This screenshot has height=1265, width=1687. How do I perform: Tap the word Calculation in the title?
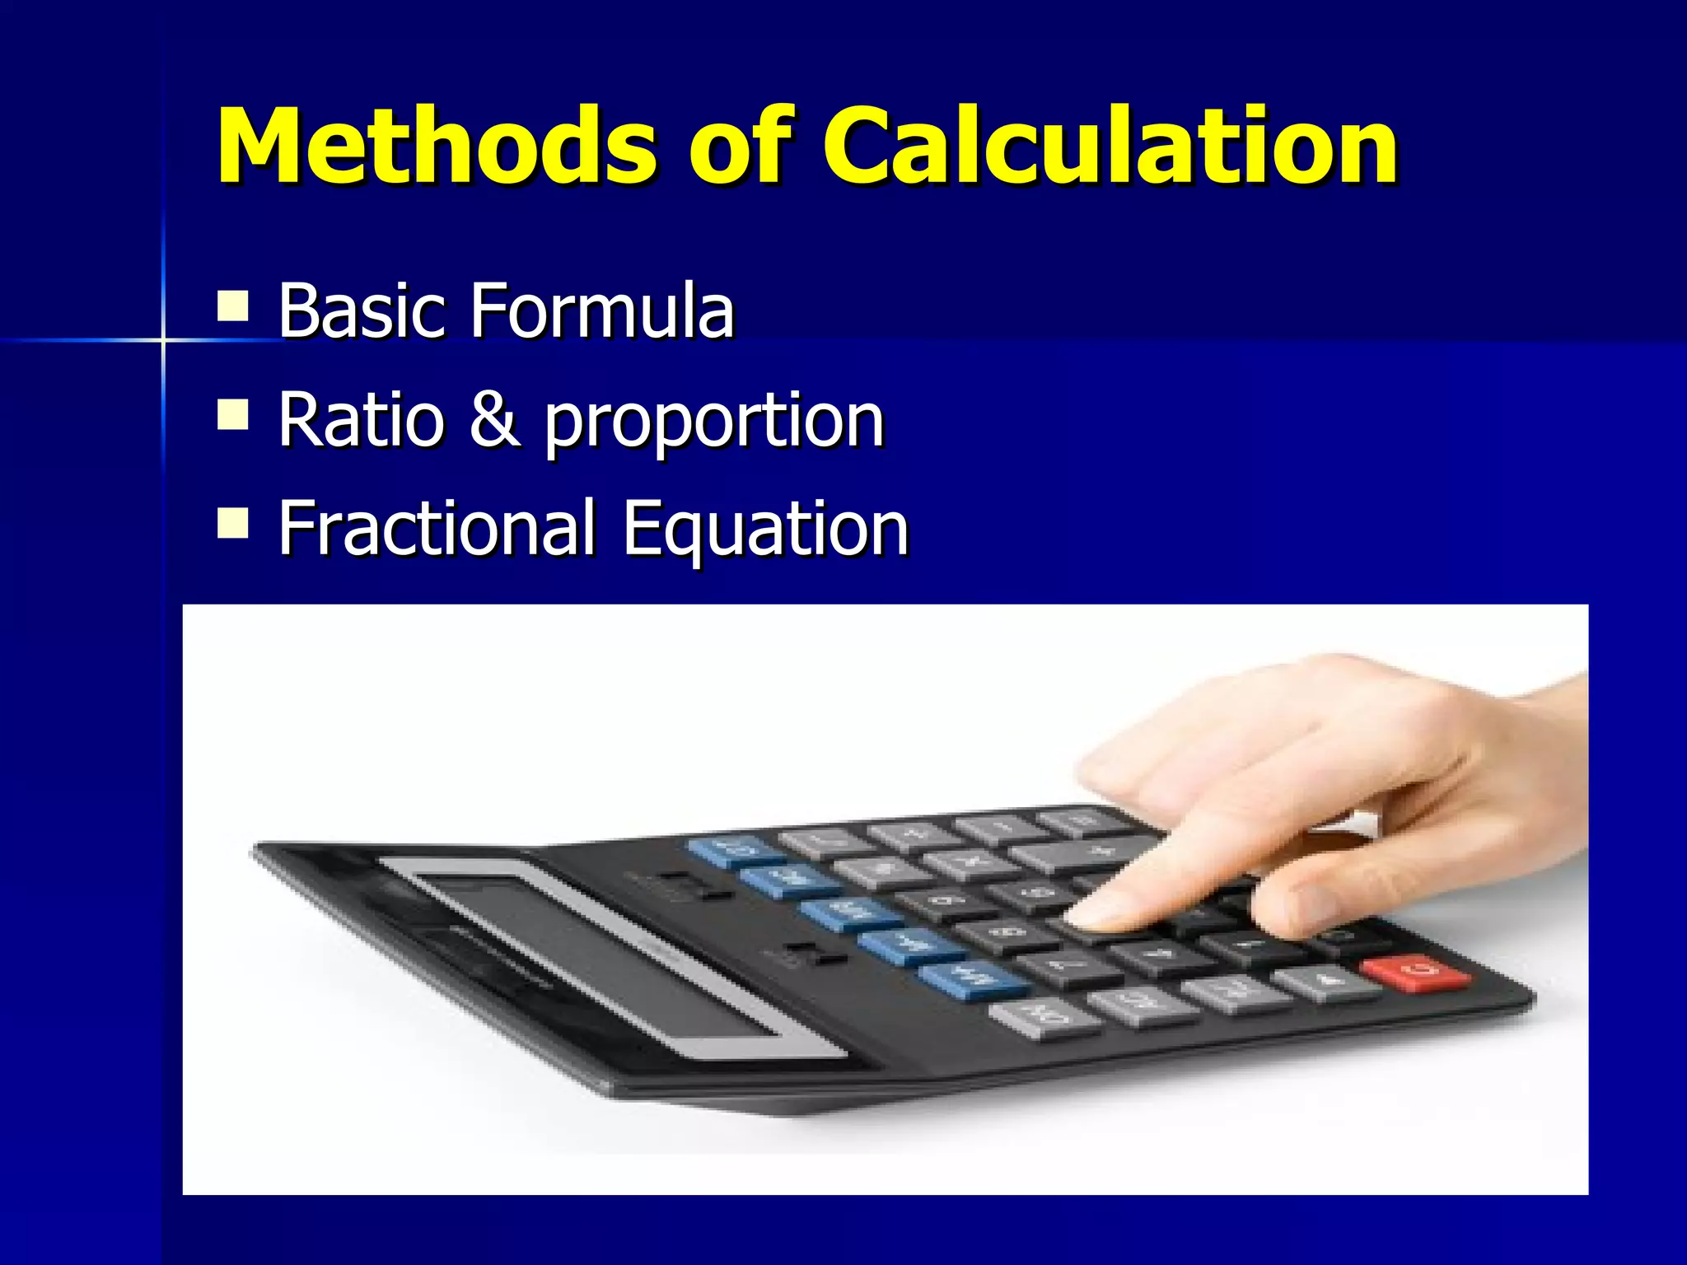pyautogui.click(x=1110, y=147)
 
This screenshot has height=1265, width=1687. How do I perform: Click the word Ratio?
pyautogui.click(x=362, y=419)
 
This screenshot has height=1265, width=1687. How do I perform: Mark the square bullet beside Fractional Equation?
pyautogui.click(x=233, y=522)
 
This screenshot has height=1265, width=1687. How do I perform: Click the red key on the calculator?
pyautogui.click(x=1416, y=972)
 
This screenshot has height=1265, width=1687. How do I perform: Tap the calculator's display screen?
pyautogui.click(x=601, y=955)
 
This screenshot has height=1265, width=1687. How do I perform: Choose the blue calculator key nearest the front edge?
pyautogui.click(x=972, y=978)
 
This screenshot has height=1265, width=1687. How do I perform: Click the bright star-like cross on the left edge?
pyautogui.click(x=162, y=339)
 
